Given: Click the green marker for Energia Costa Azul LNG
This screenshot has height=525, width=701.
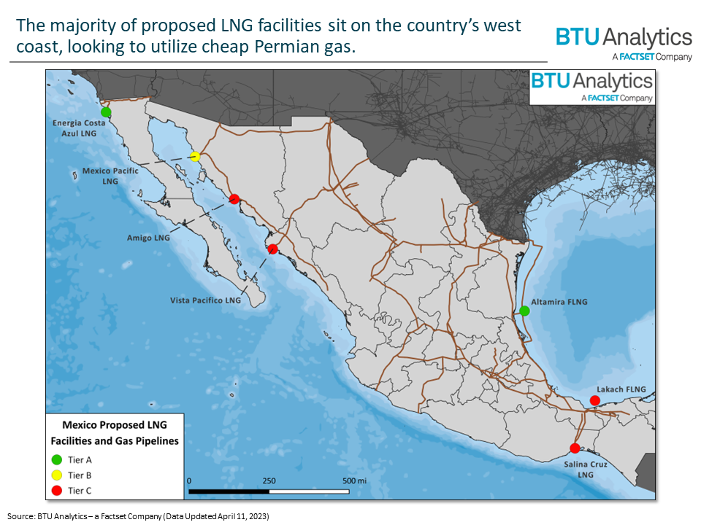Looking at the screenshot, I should click(106, 112).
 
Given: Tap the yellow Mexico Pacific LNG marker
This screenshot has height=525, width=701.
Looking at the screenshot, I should click(195, 157).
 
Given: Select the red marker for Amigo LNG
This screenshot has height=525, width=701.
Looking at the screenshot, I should click(234, 198).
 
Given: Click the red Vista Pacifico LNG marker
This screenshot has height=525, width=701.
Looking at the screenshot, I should click(272, 249).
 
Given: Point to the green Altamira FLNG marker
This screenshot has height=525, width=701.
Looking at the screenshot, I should click(524, 311).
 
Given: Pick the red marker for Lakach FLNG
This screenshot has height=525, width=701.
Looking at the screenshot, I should click(594, 400).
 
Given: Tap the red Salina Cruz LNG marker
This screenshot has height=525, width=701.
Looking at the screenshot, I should click(575, 448).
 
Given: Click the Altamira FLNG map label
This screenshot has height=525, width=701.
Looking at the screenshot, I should click(560, 301).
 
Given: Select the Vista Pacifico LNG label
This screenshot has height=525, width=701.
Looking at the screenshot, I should click(205, 300).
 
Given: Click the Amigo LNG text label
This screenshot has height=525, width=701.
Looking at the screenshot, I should click(148, 238).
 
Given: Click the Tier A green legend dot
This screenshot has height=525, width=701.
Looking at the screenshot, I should click(56, 459).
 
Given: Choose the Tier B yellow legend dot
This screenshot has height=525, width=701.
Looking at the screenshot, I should click(56, 475).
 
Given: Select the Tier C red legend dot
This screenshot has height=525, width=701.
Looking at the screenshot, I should click(56, 491).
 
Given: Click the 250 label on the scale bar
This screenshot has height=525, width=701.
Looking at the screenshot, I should click(269, 481).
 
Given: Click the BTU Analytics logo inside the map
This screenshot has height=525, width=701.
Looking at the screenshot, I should click(591, 85).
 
